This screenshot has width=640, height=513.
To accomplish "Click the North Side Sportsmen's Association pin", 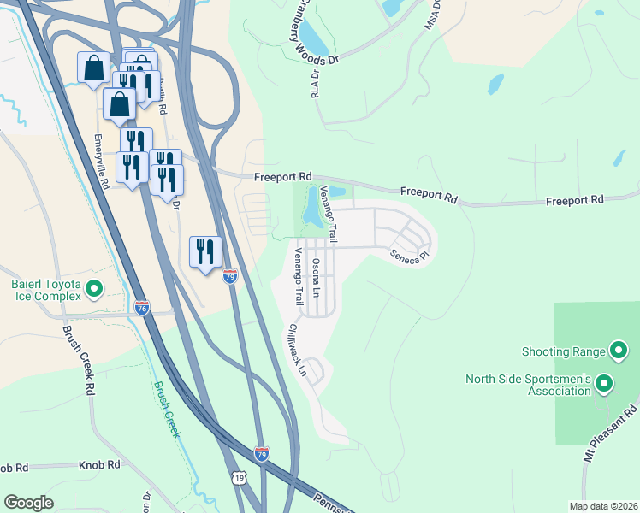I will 604,385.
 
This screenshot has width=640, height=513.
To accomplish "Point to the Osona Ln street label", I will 317,274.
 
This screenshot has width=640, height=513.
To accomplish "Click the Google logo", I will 28,503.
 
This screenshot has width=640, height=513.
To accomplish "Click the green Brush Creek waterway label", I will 167,409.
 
